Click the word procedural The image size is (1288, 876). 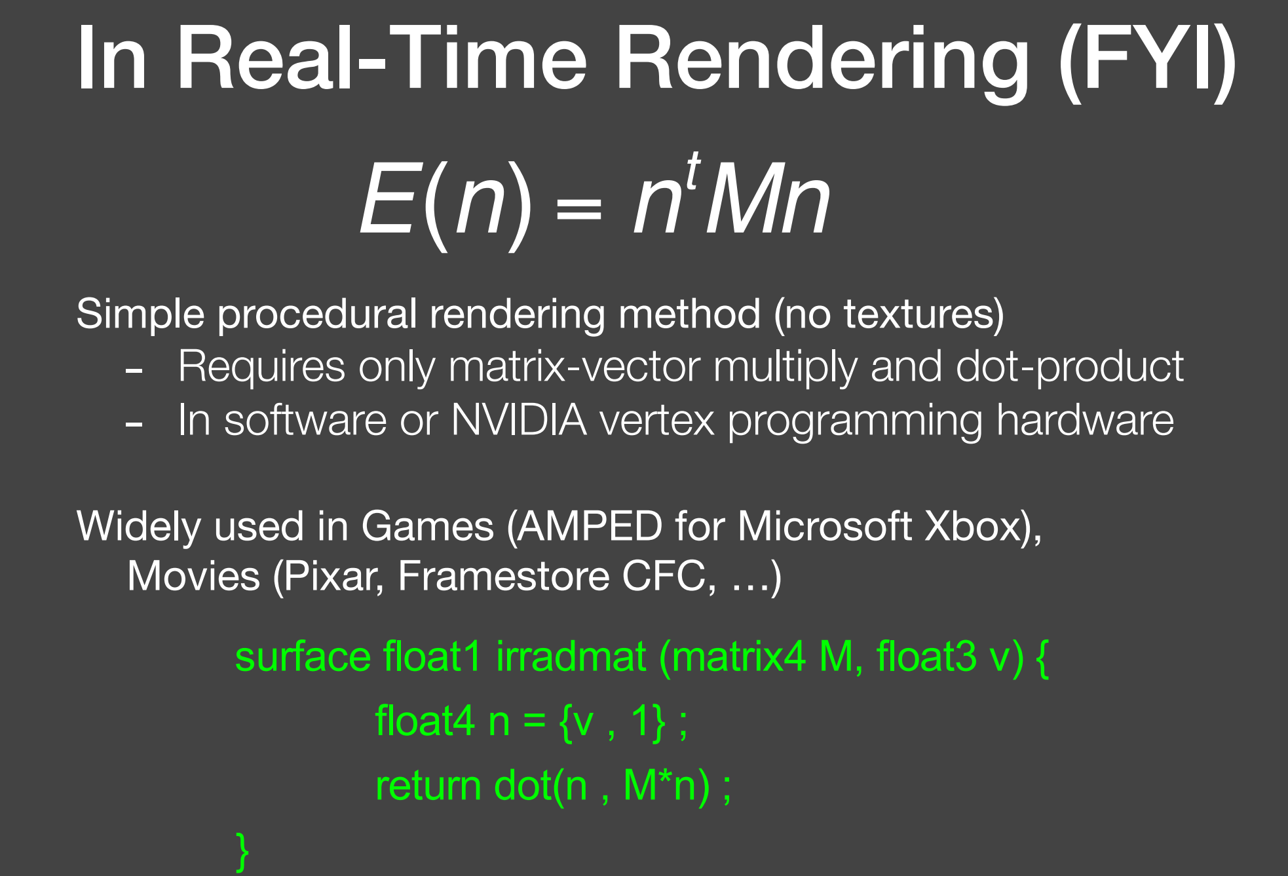pos(317,314)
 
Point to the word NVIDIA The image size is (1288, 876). pos(518,420)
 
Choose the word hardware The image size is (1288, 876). pos(1084,420)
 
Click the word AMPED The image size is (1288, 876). pos(589,526)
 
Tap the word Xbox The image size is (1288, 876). pos(972,526)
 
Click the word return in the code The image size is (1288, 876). pos(428,786)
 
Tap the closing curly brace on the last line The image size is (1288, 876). pos(242,851)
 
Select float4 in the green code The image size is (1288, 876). pos(425,721)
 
